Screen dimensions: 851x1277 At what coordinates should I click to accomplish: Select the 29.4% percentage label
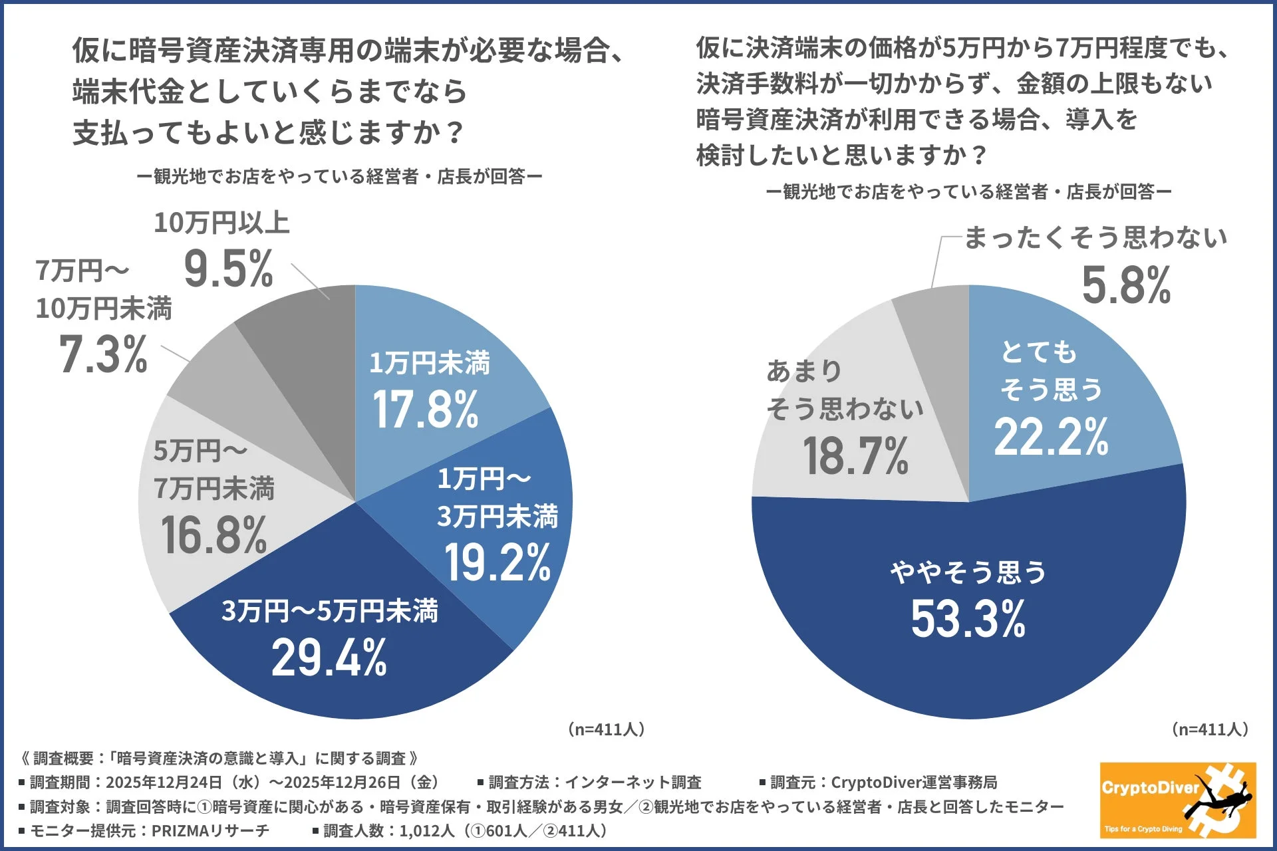329,658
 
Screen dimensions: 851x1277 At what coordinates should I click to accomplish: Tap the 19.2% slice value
497,562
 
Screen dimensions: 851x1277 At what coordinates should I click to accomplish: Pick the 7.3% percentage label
103,354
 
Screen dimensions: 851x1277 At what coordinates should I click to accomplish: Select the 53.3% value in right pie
968,618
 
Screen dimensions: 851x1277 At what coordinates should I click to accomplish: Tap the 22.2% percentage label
1051,437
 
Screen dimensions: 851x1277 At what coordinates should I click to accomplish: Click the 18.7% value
855,456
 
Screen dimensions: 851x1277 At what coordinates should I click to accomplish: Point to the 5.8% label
1126,285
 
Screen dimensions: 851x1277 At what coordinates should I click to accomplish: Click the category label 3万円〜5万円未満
329,610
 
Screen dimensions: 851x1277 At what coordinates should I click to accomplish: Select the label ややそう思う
968,572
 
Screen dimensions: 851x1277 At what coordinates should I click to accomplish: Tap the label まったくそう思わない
1095,237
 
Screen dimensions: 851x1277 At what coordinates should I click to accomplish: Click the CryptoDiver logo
1177,800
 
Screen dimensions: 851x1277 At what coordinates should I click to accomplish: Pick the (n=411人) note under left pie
606,729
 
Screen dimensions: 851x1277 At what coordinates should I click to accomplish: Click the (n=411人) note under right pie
1209,729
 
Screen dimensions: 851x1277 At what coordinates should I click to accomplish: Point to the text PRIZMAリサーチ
210,830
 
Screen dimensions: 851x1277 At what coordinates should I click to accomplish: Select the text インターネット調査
633,783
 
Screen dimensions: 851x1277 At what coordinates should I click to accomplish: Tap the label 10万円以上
221,223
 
